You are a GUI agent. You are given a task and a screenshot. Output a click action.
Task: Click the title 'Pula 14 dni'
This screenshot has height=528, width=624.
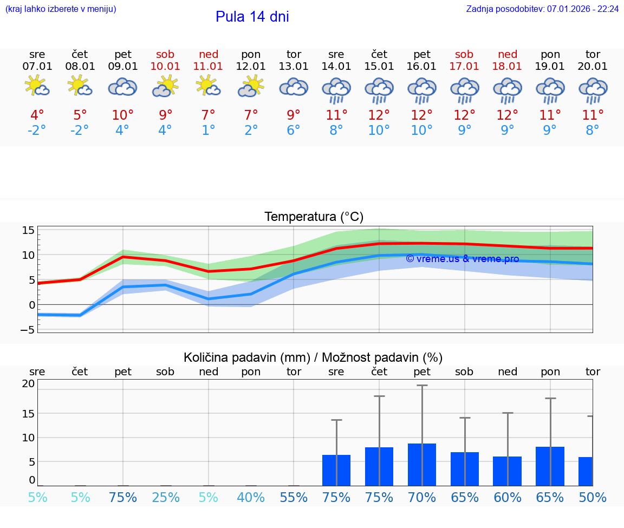click(252, 17)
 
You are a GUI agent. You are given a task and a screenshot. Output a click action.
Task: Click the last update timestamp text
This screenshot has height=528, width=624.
click(542, 9)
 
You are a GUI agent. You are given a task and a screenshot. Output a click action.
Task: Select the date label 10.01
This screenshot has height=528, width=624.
click(165, 67)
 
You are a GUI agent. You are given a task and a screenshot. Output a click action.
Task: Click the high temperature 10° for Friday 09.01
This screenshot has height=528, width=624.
click(122, 115)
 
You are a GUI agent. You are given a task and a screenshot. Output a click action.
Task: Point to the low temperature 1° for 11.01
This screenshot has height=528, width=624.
click(208, 131)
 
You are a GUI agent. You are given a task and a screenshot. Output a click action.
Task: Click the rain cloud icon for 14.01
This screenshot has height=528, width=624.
click(336, 90)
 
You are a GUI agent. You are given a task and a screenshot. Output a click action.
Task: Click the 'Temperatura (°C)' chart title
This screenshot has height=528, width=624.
click(314, 217)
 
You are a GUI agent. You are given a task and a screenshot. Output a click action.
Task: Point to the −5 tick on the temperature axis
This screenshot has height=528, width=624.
click(28, 329)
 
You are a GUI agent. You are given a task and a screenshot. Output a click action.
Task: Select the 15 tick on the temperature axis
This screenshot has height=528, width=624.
click(28, 230)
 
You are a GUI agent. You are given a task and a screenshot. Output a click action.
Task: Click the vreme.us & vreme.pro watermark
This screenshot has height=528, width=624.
click(462, 259)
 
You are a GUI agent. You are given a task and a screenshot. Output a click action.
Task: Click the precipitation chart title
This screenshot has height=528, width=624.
click(313, 357)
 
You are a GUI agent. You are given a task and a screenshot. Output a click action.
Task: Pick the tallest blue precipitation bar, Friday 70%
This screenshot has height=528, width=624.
click(422, 464)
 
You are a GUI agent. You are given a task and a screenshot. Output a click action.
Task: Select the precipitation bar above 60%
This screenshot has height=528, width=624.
click(508, 471)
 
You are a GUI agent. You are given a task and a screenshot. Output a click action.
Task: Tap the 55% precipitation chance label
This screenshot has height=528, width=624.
click(294, 497)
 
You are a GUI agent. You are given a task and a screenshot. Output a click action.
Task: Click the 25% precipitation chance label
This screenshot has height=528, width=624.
click(165, 497)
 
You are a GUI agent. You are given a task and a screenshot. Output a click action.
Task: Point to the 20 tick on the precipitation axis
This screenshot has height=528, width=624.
click(28, 383)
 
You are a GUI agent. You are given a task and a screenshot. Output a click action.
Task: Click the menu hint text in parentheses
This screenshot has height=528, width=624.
click(61, 9)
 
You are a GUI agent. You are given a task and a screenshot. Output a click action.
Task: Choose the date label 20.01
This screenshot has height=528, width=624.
click(593, 67)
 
